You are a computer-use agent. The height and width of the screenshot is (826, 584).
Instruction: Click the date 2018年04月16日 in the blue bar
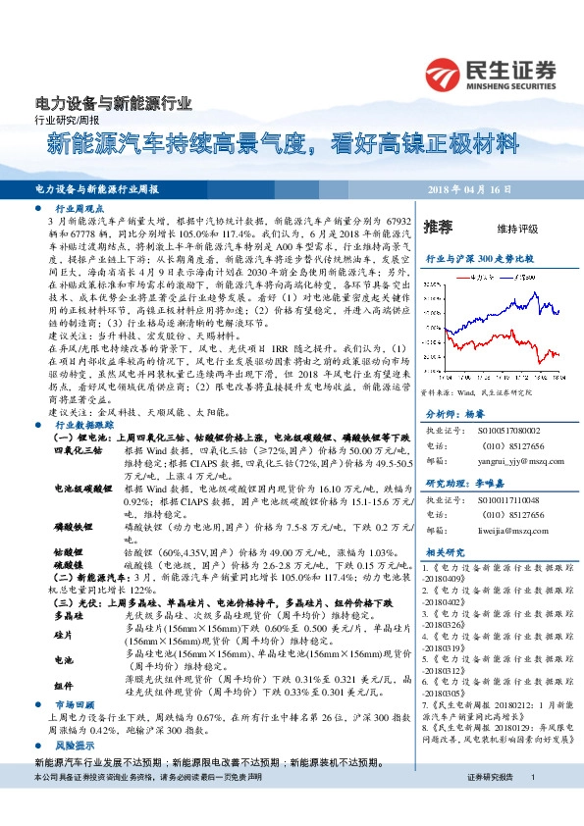pyautogui.click(x=501, y=187)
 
